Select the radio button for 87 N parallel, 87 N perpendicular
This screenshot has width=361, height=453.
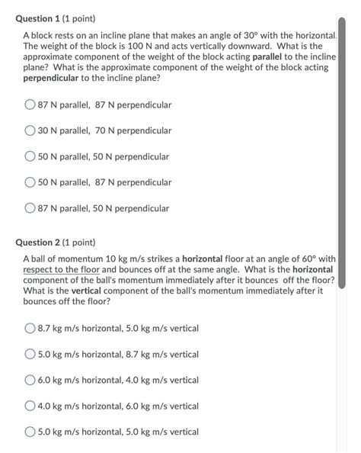[x=30, y=104]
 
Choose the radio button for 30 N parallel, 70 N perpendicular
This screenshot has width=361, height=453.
[x=30, y=130]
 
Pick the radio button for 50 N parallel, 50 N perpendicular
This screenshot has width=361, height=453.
[x=30, y=156]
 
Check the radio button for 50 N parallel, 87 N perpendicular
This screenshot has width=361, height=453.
[x=30, y=182]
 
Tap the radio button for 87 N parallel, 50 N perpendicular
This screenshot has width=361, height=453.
[x=30, y=208]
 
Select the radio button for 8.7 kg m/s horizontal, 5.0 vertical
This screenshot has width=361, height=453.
[x=30, y=329]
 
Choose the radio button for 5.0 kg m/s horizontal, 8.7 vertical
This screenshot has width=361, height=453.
[x=30, y=355]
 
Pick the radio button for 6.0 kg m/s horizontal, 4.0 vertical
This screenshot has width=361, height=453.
[x=30, y=381]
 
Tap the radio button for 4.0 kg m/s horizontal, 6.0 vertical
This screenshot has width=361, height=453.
[x=30, y=406]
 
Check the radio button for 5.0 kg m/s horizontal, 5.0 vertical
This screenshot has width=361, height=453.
[x=30, y=432]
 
